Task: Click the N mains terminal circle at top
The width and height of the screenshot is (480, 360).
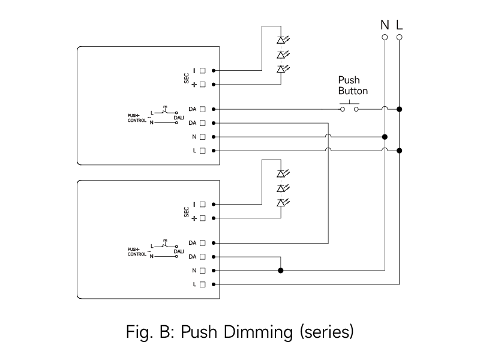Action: [x=385, y=37]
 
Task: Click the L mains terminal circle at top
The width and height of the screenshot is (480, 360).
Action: [x=400, y=37]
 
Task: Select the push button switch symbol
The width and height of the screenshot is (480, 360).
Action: [x=349, y=108]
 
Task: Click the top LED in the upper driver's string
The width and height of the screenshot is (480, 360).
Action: [x=280, y=40]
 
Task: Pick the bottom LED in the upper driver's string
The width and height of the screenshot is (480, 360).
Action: [x=280, y=69]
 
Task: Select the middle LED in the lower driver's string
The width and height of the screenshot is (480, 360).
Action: [x=280, y=188]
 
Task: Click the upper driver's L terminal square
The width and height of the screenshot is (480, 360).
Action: [x=203, y=151]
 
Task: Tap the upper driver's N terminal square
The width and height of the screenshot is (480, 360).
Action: [x=203, y=137]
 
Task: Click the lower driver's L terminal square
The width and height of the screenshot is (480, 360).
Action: [x=203, y=284]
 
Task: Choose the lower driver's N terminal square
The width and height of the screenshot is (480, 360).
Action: [x=203, y=271]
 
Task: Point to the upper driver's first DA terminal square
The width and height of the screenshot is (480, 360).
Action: [x=203, y=109]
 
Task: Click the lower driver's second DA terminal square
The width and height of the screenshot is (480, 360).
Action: [x=203, y=257]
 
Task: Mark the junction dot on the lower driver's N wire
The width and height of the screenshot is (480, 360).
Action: [x=280, y=271]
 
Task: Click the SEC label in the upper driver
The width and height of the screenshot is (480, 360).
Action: [x=187, y=77]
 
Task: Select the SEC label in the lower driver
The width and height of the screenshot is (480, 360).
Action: [x=187, y=211]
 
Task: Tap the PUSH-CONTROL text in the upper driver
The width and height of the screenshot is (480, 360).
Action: [x=137, y=118]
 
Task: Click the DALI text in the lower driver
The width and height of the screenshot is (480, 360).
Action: [x=179, y=251]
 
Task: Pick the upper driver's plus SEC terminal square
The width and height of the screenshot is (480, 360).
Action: [x=203, y=85]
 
